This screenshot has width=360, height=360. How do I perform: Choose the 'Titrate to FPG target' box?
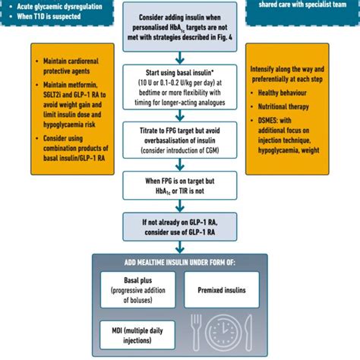(179, 140)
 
